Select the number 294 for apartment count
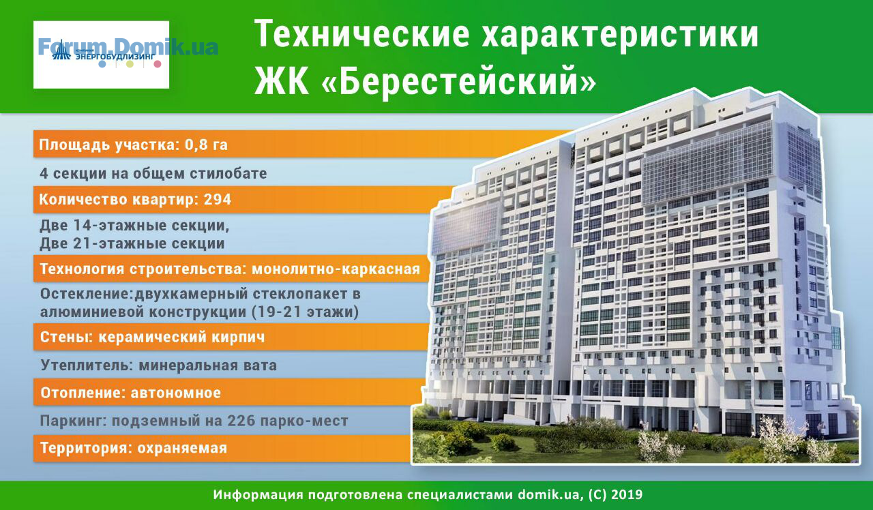click(218, 200)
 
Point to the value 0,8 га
click(206, 145)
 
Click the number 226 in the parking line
click(241, 421)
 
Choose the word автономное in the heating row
click(176, 393)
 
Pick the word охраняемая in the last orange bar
click(182, 448)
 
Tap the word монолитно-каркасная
click(336, 269)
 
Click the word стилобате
click(228, 173)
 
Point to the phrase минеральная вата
click(208, 365)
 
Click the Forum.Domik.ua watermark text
click(128, 46)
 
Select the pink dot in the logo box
click(158, 64)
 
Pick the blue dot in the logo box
click(102, 64)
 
